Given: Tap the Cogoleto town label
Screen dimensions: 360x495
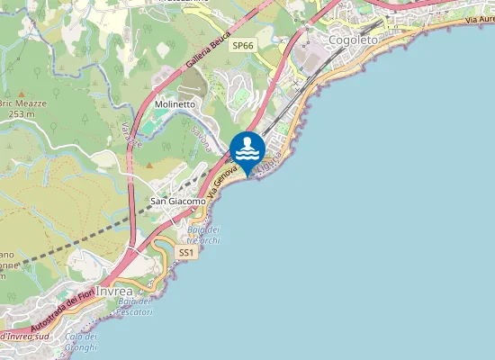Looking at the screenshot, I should pos(355,40).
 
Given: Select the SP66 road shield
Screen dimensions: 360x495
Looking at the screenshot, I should pos(242,45).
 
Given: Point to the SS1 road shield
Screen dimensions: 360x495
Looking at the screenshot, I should pos(186,254).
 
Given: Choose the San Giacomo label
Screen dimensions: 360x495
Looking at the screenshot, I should pos(177,202).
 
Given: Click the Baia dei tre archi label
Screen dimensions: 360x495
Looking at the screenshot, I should pos(203,235).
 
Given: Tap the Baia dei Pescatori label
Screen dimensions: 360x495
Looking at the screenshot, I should pos(134,306).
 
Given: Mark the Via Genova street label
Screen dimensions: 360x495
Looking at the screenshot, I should pos(223,180).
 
